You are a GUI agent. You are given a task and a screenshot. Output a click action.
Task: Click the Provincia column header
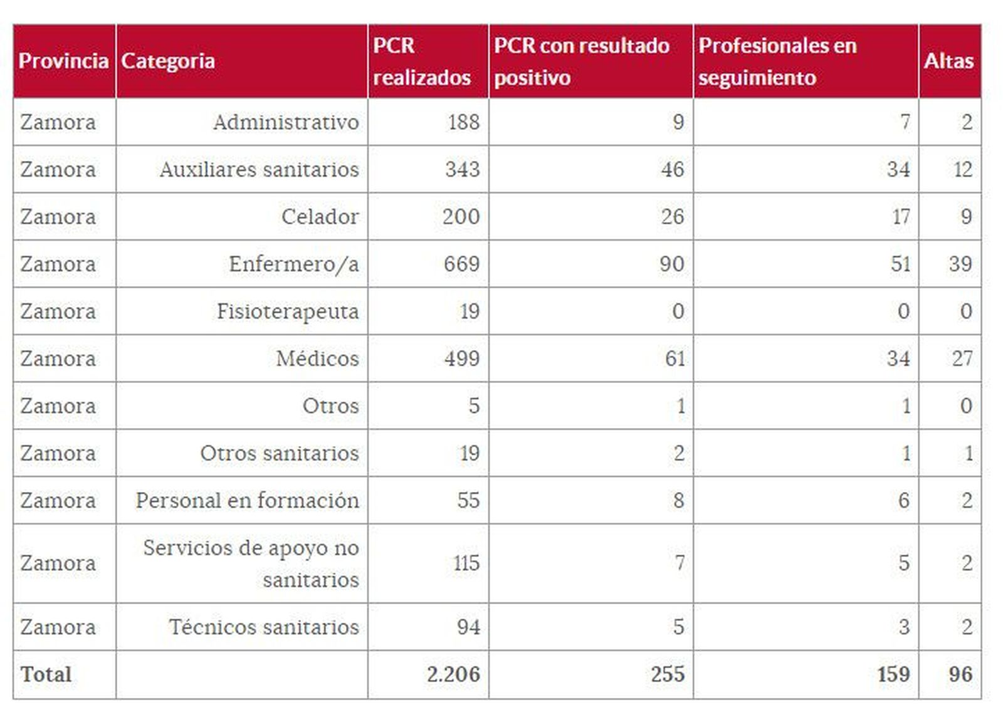coord(63,61)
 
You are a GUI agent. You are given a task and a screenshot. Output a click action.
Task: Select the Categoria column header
coord(168,61)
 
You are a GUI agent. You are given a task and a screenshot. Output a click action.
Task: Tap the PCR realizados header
coord(421,61)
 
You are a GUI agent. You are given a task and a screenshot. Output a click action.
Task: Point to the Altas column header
coord(948,61)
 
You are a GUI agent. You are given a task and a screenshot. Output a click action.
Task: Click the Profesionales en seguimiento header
coord(777,61)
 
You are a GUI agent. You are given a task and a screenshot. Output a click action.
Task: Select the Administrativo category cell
coord(286,122)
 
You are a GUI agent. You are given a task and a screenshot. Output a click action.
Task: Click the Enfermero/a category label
coord(294,264)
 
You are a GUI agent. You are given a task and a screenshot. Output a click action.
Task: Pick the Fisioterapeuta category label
coord(288,311)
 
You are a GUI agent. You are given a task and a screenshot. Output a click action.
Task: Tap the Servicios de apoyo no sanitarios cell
coord(251,563)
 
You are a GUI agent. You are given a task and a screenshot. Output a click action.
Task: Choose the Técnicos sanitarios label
coord(264,627)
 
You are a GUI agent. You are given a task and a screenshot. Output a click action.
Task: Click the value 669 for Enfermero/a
coord(461,264)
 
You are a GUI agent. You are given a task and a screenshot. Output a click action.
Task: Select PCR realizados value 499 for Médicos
coord(461,358)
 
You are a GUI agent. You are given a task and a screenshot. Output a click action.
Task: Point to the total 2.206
coord(453,674)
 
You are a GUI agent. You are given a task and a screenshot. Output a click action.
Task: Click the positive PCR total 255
coord(667,674)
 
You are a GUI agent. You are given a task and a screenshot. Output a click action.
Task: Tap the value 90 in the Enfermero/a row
coord(671,264)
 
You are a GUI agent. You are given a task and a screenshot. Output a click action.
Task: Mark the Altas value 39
coord(960,264)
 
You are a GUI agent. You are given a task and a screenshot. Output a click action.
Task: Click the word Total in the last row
coord(46,674)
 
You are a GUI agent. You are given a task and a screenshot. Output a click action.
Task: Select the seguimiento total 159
coord(893,674)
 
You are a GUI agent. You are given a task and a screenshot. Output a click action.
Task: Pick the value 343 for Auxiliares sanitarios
coord(462,169)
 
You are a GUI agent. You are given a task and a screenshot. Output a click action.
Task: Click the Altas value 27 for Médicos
coord(962,358)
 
